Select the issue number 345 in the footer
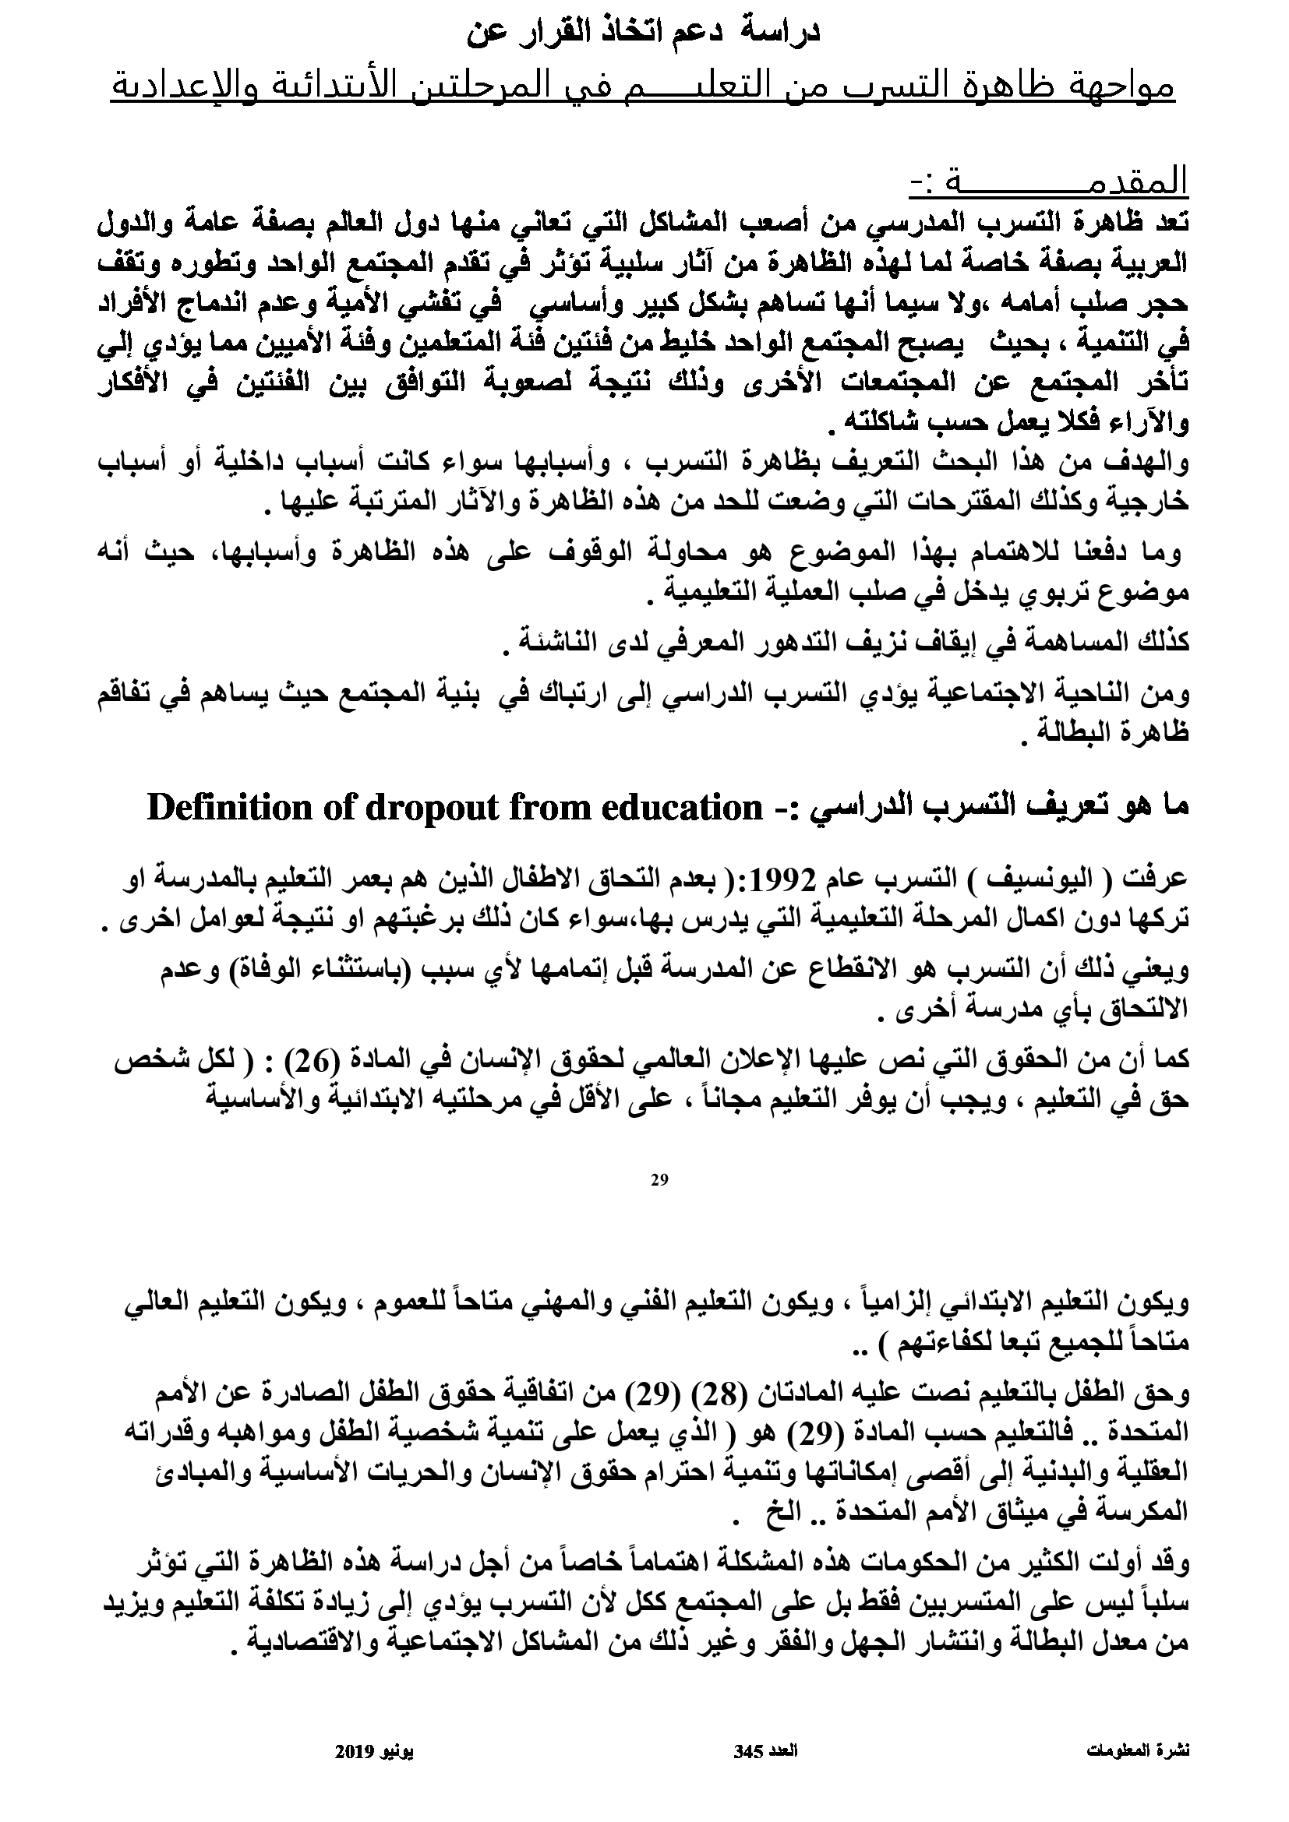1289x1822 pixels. pyautogui.click(x=748, y=1746)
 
